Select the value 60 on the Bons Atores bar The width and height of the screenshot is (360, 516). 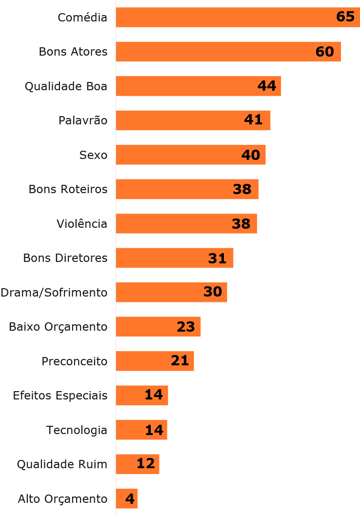coord(325,51)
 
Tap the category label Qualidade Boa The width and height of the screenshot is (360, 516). coord(66,86)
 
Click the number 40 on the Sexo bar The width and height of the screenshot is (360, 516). coord(251,155)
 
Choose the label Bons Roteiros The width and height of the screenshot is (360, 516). coord(68,189)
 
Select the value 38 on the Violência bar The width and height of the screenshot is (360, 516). coord(241,223)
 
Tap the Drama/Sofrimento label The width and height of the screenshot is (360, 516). coord(54,292)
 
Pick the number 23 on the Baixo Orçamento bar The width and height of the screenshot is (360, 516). coord(186,326)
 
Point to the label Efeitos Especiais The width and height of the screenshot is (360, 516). coord(60,395)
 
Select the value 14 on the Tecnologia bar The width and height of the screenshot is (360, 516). coord(154,430)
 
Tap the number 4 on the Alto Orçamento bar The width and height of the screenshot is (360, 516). coord(130,498)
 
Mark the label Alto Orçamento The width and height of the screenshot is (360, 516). coord(62,499)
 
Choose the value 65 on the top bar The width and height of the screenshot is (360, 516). coord(345,17)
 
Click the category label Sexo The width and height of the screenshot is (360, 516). coord(93,155)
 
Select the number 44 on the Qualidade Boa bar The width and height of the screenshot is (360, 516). coord(267,86)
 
